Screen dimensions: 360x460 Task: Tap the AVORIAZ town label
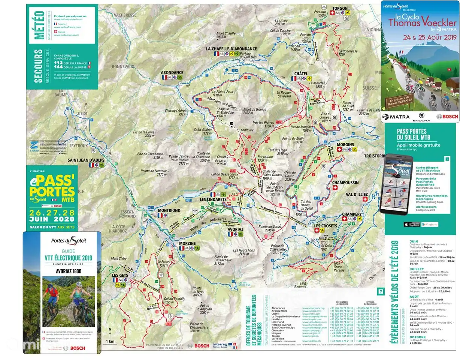[235, 228]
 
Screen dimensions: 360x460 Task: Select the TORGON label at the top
[339, 8]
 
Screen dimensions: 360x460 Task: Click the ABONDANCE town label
[172, 72]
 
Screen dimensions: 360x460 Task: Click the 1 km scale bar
[110, 341]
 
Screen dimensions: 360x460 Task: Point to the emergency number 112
[58, 63]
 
